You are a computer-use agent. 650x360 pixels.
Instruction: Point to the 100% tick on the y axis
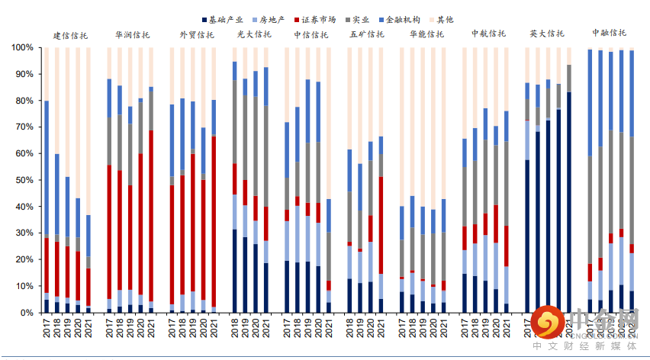[x=22, y=47]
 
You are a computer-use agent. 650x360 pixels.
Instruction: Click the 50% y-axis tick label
[x=24, y=180]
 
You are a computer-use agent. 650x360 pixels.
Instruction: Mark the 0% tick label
[x=27, y=313]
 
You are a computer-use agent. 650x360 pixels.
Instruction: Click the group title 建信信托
[x=70, y=35]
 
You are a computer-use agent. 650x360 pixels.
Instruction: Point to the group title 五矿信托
[x=367, y=35]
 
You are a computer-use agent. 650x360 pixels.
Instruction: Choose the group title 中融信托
[x=609, y=34]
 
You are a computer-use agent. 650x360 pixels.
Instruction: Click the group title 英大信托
[x=547, y=34]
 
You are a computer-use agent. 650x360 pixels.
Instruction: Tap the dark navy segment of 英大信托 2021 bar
[x=569, y=202]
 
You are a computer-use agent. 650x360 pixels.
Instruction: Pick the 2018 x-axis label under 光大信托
[x=234, y=329]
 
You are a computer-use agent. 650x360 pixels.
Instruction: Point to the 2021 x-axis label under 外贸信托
[x=214, y=329]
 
